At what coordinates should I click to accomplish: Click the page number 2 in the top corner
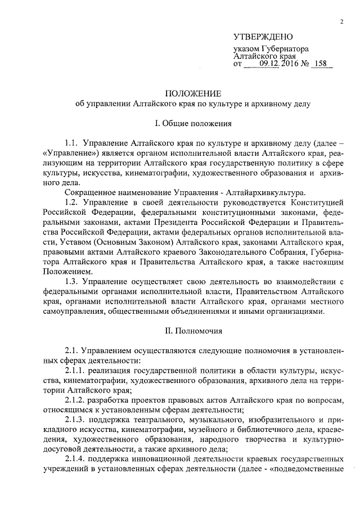pos(341,22)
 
